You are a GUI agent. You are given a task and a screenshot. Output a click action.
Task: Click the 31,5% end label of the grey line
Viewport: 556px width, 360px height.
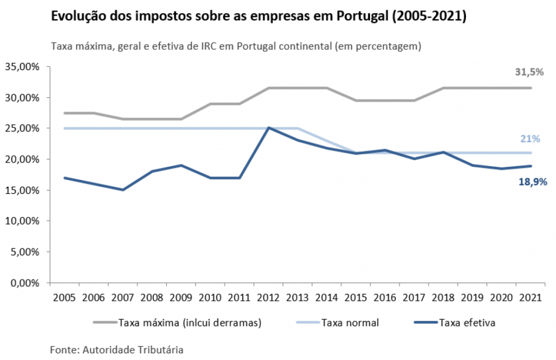(x=529, y=72)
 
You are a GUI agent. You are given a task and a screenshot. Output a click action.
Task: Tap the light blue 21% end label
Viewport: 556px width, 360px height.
(x=530, y=139)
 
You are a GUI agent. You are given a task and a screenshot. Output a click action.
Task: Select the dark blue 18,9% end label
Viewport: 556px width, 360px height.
(x=532, y=182)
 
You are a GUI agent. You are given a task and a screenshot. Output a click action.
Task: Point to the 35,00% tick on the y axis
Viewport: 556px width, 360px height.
(x=22, y=67)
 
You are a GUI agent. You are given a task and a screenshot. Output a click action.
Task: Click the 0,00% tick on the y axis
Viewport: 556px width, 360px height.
(x=25, y=283)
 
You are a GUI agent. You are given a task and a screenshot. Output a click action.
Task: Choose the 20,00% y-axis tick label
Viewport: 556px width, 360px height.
(x=22, y=160)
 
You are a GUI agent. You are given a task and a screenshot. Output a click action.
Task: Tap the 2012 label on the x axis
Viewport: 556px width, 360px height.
(x=268, y=298)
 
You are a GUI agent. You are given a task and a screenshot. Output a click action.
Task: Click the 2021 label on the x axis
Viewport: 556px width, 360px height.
(x=530, y=298)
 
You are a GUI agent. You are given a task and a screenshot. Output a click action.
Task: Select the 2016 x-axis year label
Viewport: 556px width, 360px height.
(x=384, y=298)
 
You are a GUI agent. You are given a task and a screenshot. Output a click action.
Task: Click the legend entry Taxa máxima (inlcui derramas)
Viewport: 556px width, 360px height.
(x=190, y=323)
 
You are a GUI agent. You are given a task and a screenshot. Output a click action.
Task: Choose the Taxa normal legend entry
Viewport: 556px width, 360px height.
(x=350, y=323)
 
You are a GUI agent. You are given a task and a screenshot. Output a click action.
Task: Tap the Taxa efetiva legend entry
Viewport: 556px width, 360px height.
(x=467, y=323)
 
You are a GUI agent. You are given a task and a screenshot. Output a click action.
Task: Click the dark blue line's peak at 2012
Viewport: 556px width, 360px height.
(x=269, y=128)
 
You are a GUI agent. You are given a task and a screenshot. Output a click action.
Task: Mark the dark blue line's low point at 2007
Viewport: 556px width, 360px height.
(x=123, y=190)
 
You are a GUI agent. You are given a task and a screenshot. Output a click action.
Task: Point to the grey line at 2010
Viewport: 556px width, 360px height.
(x=211, y=104)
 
